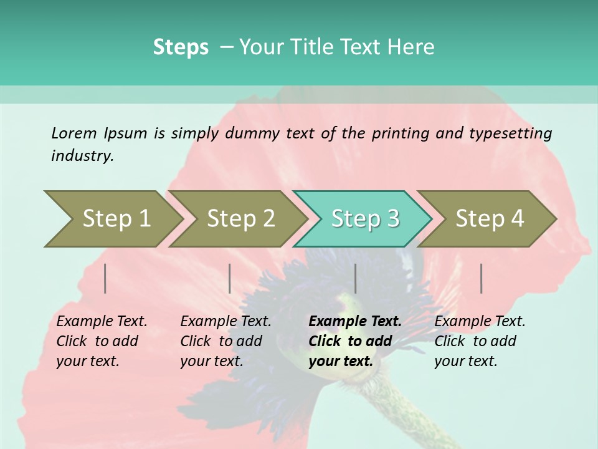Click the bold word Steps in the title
[181, 47]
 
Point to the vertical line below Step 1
[105, 278]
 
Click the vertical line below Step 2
[230, 278]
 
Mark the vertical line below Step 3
[356, 278]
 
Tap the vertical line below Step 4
[482, 278]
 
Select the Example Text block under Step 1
[102, 341]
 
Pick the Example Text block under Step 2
[225, 341]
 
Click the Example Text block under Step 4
[480, 341]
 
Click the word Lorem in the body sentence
[74, 133]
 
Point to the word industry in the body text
[82, 155]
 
